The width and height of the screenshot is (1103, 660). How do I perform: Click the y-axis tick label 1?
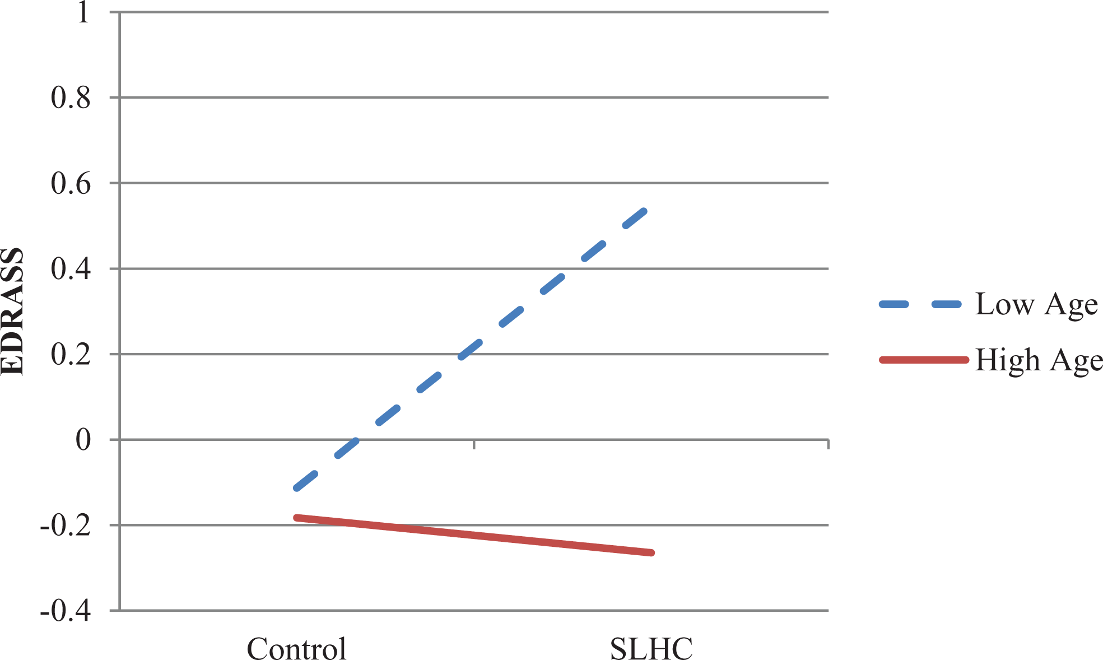(x=83, y=12)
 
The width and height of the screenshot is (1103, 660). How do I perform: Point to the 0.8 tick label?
(x=71, y=98)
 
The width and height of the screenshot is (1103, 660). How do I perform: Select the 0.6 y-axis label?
(x=71, y=184)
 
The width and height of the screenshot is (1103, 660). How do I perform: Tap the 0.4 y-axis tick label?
(x=71, y=269)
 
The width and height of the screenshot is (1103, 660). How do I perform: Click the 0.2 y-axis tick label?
(x=71, y=355)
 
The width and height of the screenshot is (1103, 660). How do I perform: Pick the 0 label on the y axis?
(x=83, y=440)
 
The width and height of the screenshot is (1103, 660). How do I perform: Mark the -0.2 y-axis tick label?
(x=65, y=526)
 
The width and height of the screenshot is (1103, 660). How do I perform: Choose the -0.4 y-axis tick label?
(x=65, y=611)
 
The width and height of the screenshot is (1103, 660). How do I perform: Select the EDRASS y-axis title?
(x=12, y=312)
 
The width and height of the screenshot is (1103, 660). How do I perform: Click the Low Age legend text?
(x=1036, y=305)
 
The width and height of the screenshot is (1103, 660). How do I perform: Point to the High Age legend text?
(x=1039, y=360)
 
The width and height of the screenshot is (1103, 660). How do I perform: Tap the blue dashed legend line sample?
(x=920, y=305)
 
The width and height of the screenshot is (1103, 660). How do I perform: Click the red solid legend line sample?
(x=924, y=360)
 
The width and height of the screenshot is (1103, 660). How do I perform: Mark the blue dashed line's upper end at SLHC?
(x=645, y=211)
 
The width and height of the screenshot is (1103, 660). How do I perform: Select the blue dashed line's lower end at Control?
(x=296, y=489)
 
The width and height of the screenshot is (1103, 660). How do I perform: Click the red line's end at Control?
(x=296, y=517)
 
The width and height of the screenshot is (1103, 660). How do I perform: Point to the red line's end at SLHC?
(x=651, y=553)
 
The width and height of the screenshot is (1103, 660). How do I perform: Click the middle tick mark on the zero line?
(x=474, y=444)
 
